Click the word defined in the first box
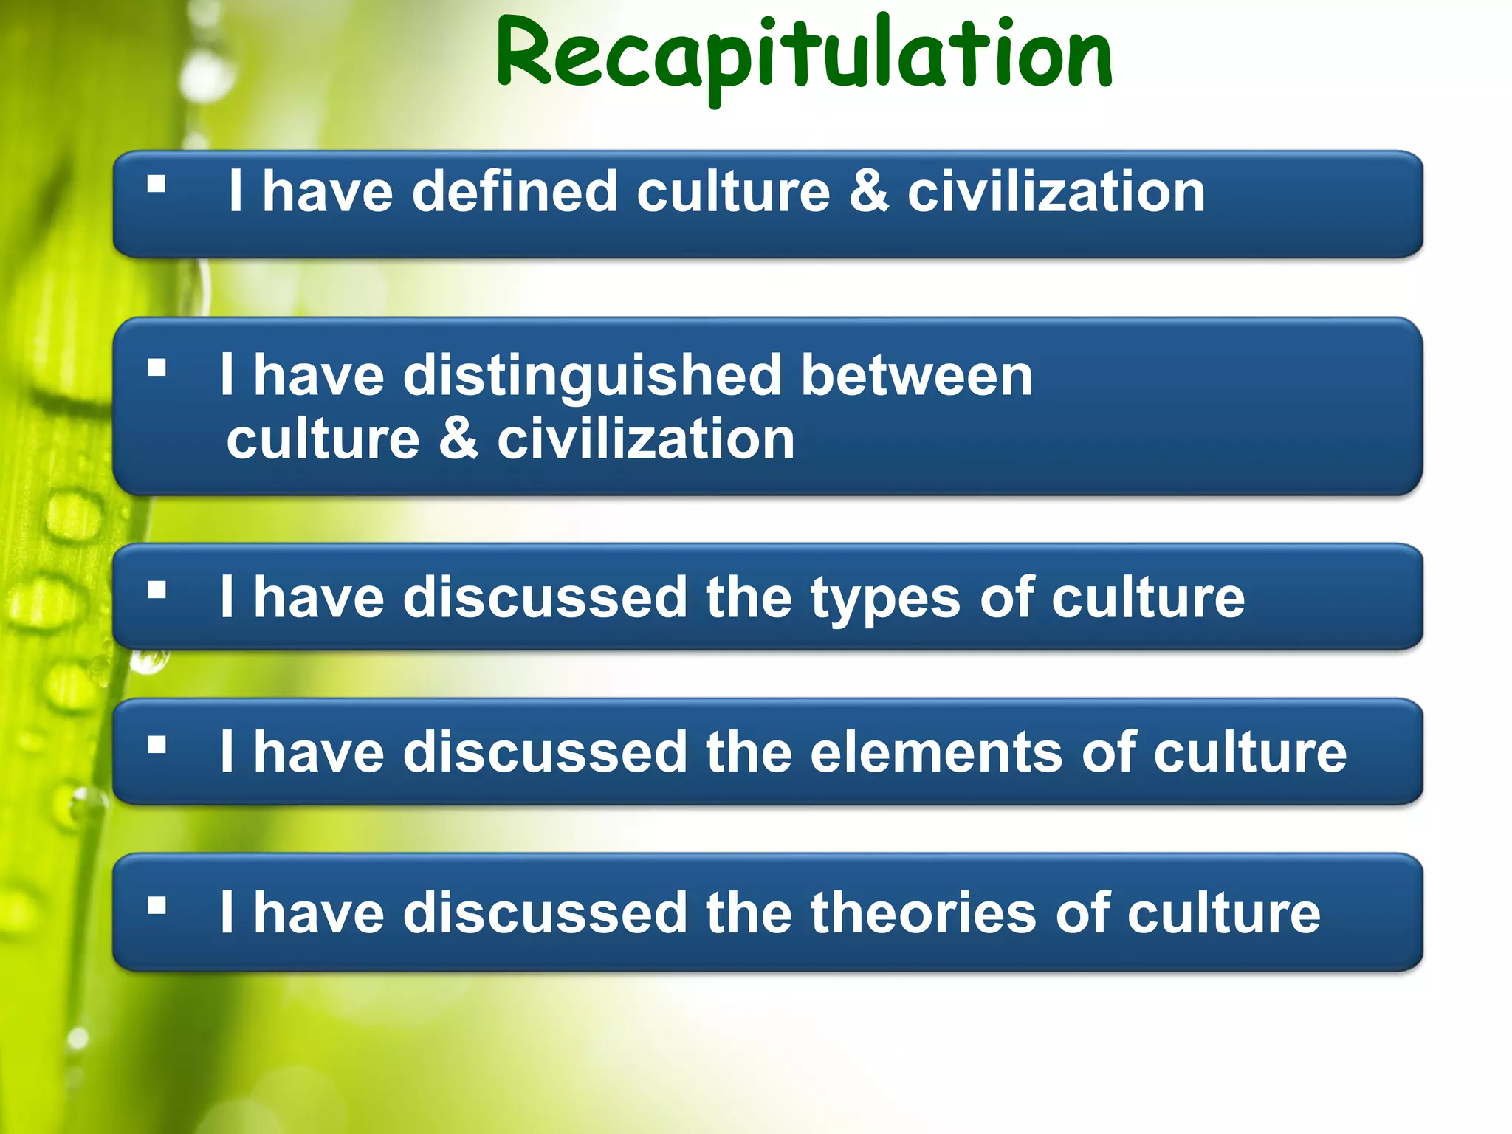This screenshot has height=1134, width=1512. [515, 192]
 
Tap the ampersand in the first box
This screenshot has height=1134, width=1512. [869, 192]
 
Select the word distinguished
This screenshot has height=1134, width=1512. [591, 376]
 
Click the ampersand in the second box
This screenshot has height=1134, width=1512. [458, 439]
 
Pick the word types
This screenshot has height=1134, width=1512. [885, 599]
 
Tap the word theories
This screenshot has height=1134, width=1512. [924, 913]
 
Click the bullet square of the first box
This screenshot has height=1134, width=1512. [157, 184]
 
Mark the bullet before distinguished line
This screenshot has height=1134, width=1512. [157, 368]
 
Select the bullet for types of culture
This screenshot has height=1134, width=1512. [157, 590]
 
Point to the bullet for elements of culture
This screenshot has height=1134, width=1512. [157, 745]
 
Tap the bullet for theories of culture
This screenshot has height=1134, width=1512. [157, 905]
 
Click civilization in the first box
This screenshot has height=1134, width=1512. [1056, 192]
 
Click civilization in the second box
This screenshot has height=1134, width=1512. [646, 439]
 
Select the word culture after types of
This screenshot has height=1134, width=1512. [1148, 598]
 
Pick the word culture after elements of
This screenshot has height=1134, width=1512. [1250, 753]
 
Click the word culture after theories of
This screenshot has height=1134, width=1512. [1223, 913]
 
